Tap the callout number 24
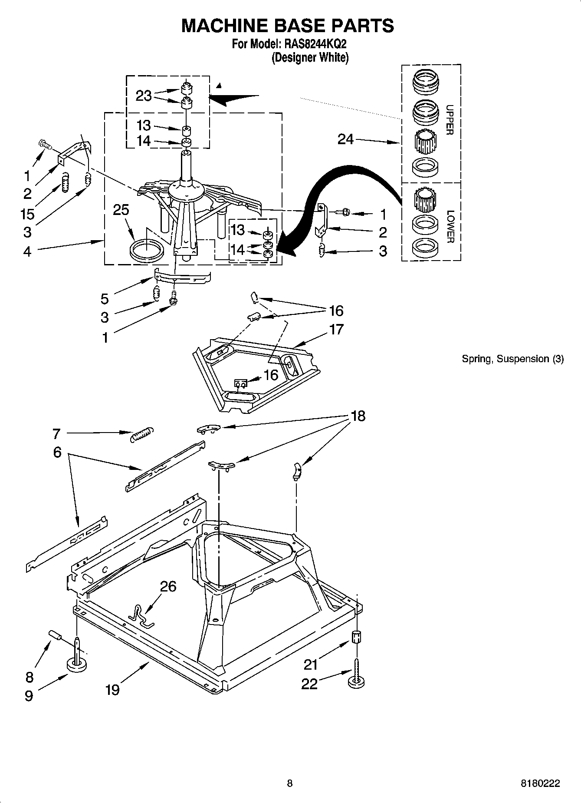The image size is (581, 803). pyautogui.click(x=345, y=139)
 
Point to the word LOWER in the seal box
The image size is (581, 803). pyautogui.click(x=450, y=226)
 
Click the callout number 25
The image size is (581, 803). pyautogui.click(x=121, y=210)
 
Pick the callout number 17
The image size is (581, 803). pyautogui.click(x=337, y=330)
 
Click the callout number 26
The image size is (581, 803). pyautogui.click(x=168, y=586)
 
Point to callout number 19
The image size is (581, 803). pyautogui.click(x=112, y=690)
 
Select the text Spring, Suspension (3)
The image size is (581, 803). pyautogui.click(x=512, y=359)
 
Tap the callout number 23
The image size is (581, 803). pyautogui.click(x=144, y=96)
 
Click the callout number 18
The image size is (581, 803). pyautogui.click(x=358, y=416)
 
